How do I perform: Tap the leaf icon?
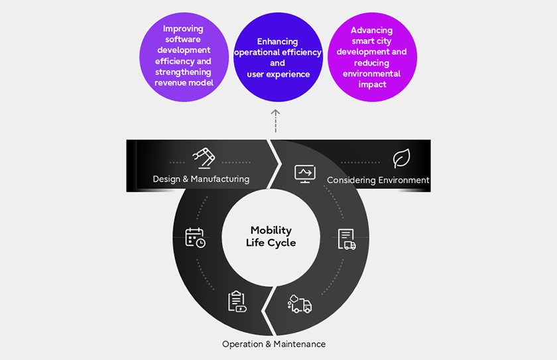pyautogui.click(x=401, y=158)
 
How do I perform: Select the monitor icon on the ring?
pyautogui.click(x=304, y=174)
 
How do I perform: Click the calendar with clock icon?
pyautogui.click(x=195, y=237)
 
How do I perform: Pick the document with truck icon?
pyautogui.click(x=346, y=239)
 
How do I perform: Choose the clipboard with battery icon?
pyautogui.click(x=237, y=301)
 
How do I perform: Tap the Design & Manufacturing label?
pyautogui.click(x=201, y=179)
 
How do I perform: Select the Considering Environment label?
pyautogui.click(x=378, y=180)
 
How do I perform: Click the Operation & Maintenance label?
pyautogui.click(x=274, y=344)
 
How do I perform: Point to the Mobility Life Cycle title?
pyautogui.click(x=271, y=237)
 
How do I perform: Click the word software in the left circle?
pyautogui.click(x=183, y=40)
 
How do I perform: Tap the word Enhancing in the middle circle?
pyautogui.click(x=278, y=42)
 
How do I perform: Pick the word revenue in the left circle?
pyautogui.click(x=170, y=83)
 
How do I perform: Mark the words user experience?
pyautogui.click(x=278, y=74)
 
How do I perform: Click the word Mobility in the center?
pyautogui.click(x=271, y=231)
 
